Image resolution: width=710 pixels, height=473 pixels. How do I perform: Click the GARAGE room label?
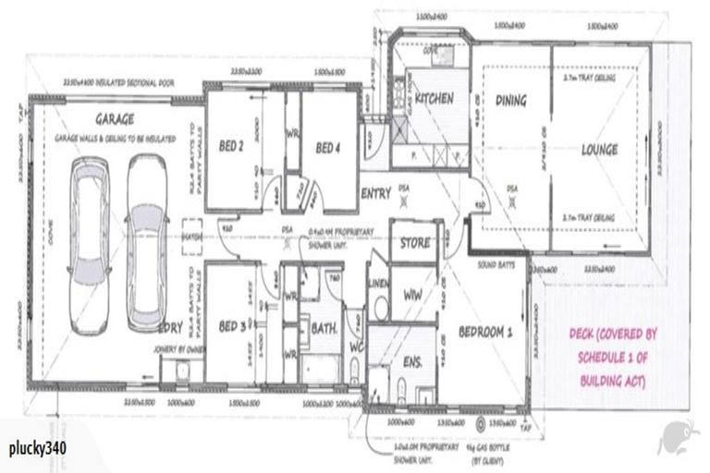(114, 119)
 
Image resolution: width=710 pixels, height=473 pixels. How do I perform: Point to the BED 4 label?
(330, 148)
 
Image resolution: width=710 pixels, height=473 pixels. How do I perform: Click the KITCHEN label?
(433, 98)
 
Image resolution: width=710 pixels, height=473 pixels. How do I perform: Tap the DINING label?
(510, 100)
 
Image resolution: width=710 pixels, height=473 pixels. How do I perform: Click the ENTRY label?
(377, 194)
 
